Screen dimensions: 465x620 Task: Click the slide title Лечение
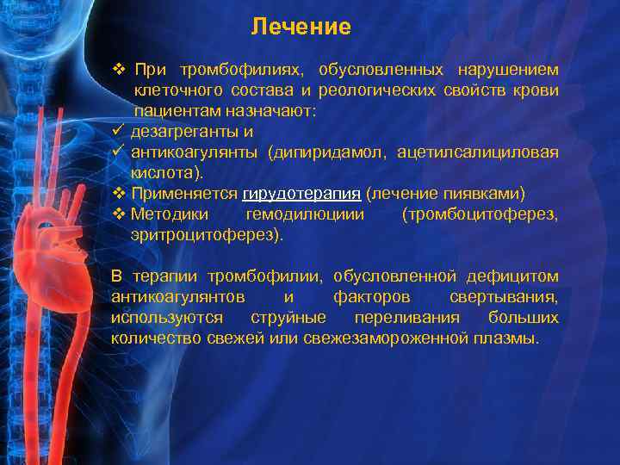pos(301,28)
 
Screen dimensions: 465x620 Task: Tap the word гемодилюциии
pos(305,214)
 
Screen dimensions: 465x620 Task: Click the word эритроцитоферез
pos(205,233)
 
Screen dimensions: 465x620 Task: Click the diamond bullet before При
pos(119,69)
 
